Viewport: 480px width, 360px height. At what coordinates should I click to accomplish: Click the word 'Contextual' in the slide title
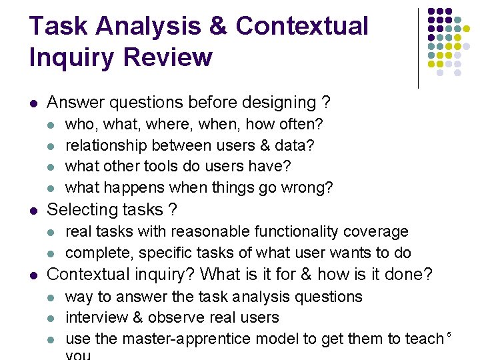pos(302,26)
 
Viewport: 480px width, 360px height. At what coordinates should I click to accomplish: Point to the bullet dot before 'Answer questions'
pos(33,103)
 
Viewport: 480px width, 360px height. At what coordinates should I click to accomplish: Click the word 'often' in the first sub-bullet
pos(303,124)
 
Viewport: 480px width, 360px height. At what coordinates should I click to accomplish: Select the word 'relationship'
pos(107,145)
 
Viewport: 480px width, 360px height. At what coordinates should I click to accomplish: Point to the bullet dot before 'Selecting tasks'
pos(33,210)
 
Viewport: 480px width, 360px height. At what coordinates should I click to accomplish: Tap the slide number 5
pos(449,333)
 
